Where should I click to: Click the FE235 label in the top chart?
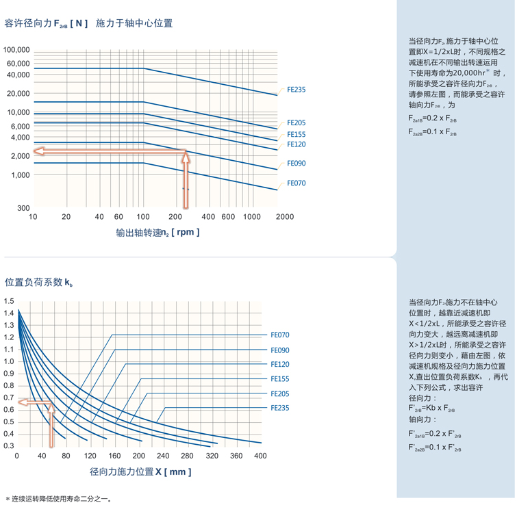[x=296, y=90]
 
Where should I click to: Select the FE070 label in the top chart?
[x=296, y=183]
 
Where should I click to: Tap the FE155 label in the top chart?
[x=296, y=135]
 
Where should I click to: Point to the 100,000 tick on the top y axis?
[x=16, y=50]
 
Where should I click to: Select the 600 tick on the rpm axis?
[x=228, y=217]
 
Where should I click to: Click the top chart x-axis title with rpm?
[x=157, y=233]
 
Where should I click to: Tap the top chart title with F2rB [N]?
[x=88, y=23]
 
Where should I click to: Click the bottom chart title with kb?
[x=39, y=282]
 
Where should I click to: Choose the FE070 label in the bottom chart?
[x=280, y=335]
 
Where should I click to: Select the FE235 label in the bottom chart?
[x=280, y=408]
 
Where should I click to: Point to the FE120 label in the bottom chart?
[x=280, y=365]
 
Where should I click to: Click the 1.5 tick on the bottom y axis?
[x=9, y=301]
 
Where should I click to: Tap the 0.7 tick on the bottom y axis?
[x=9, y=398]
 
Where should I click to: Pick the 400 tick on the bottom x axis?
[x=260, y=456]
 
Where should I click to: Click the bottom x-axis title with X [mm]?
[x=140, y=472]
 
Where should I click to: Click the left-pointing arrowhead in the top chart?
[x=40, y=151]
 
